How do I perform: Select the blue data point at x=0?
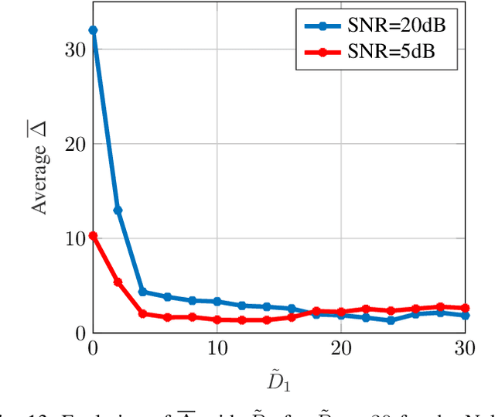(93, 30)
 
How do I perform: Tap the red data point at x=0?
(93, 235)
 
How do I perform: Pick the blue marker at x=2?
(118, 210)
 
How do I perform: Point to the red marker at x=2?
(118, 282)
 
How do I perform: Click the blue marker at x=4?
(142, 292)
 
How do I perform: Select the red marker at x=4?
(142, 313)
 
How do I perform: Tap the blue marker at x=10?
(217, 301)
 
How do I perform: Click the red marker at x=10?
(217, 320)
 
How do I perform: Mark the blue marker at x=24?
(391, 320)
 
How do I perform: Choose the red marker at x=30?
(465, 308)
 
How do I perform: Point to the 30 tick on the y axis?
(75, 50)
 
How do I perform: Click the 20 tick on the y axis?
(75, 144)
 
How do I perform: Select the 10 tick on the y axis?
(75, 238)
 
